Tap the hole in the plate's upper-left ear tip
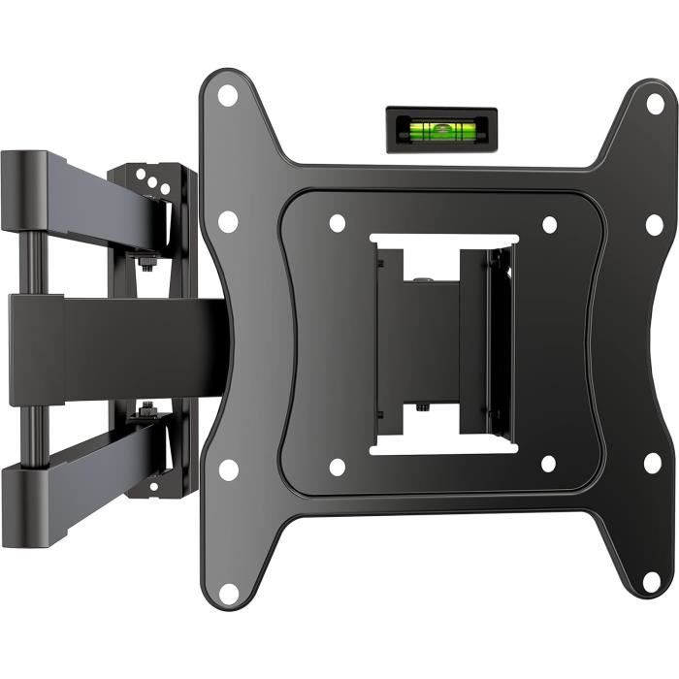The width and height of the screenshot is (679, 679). click(227, 95)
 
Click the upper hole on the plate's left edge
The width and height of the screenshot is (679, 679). click(228, 221)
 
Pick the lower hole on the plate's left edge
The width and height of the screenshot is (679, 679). click(229, 469)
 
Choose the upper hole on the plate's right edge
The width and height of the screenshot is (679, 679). click(655, 224)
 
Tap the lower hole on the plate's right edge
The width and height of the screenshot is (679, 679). click(653, 463)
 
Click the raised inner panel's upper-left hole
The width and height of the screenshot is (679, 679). click(337, 222)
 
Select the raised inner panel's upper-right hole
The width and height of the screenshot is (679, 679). click(549, 224)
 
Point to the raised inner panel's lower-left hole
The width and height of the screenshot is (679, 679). click(337, 467)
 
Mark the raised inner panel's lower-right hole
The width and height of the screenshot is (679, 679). click(549, 464)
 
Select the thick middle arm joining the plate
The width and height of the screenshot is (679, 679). click(116, 347)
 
